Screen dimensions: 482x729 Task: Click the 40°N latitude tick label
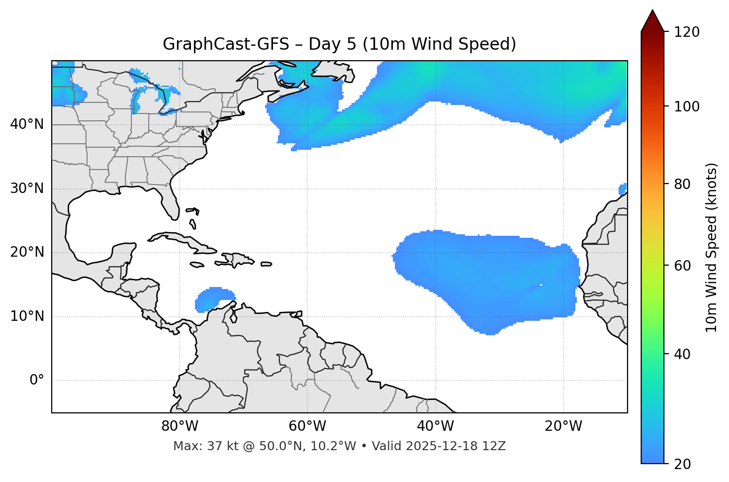point(27,124)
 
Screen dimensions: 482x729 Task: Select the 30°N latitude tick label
point(27,189)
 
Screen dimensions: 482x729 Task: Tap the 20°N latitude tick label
point(27,252)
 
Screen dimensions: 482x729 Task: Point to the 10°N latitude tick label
point(27,316)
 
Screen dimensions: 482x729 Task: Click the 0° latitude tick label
point(37,381)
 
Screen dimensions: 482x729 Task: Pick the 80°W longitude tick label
point(180,426)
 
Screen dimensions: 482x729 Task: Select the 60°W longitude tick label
point(307,426)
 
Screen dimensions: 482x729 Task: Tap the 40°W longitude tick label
point(436,426)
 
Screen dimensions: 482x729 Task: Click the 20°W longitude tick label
point(563,426)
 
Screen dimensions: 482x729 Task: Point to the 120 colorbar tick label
point(687,32)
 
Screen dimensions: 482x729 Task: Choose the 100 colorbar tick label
point(687,106)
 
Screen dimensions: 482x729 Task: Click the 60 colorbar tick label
point(683,266)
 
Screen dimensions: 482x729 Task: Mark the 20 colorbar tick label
point(683,464)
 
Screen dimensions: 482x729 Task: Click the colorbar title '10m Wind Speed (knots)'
point(712,248)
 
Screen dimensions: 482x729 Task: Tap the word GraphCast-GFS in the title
point(226,44)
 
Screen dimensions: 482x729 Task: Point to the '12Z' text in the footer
point(494,446)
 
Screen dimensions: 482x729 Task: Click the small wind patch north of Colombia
point(214,298)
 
